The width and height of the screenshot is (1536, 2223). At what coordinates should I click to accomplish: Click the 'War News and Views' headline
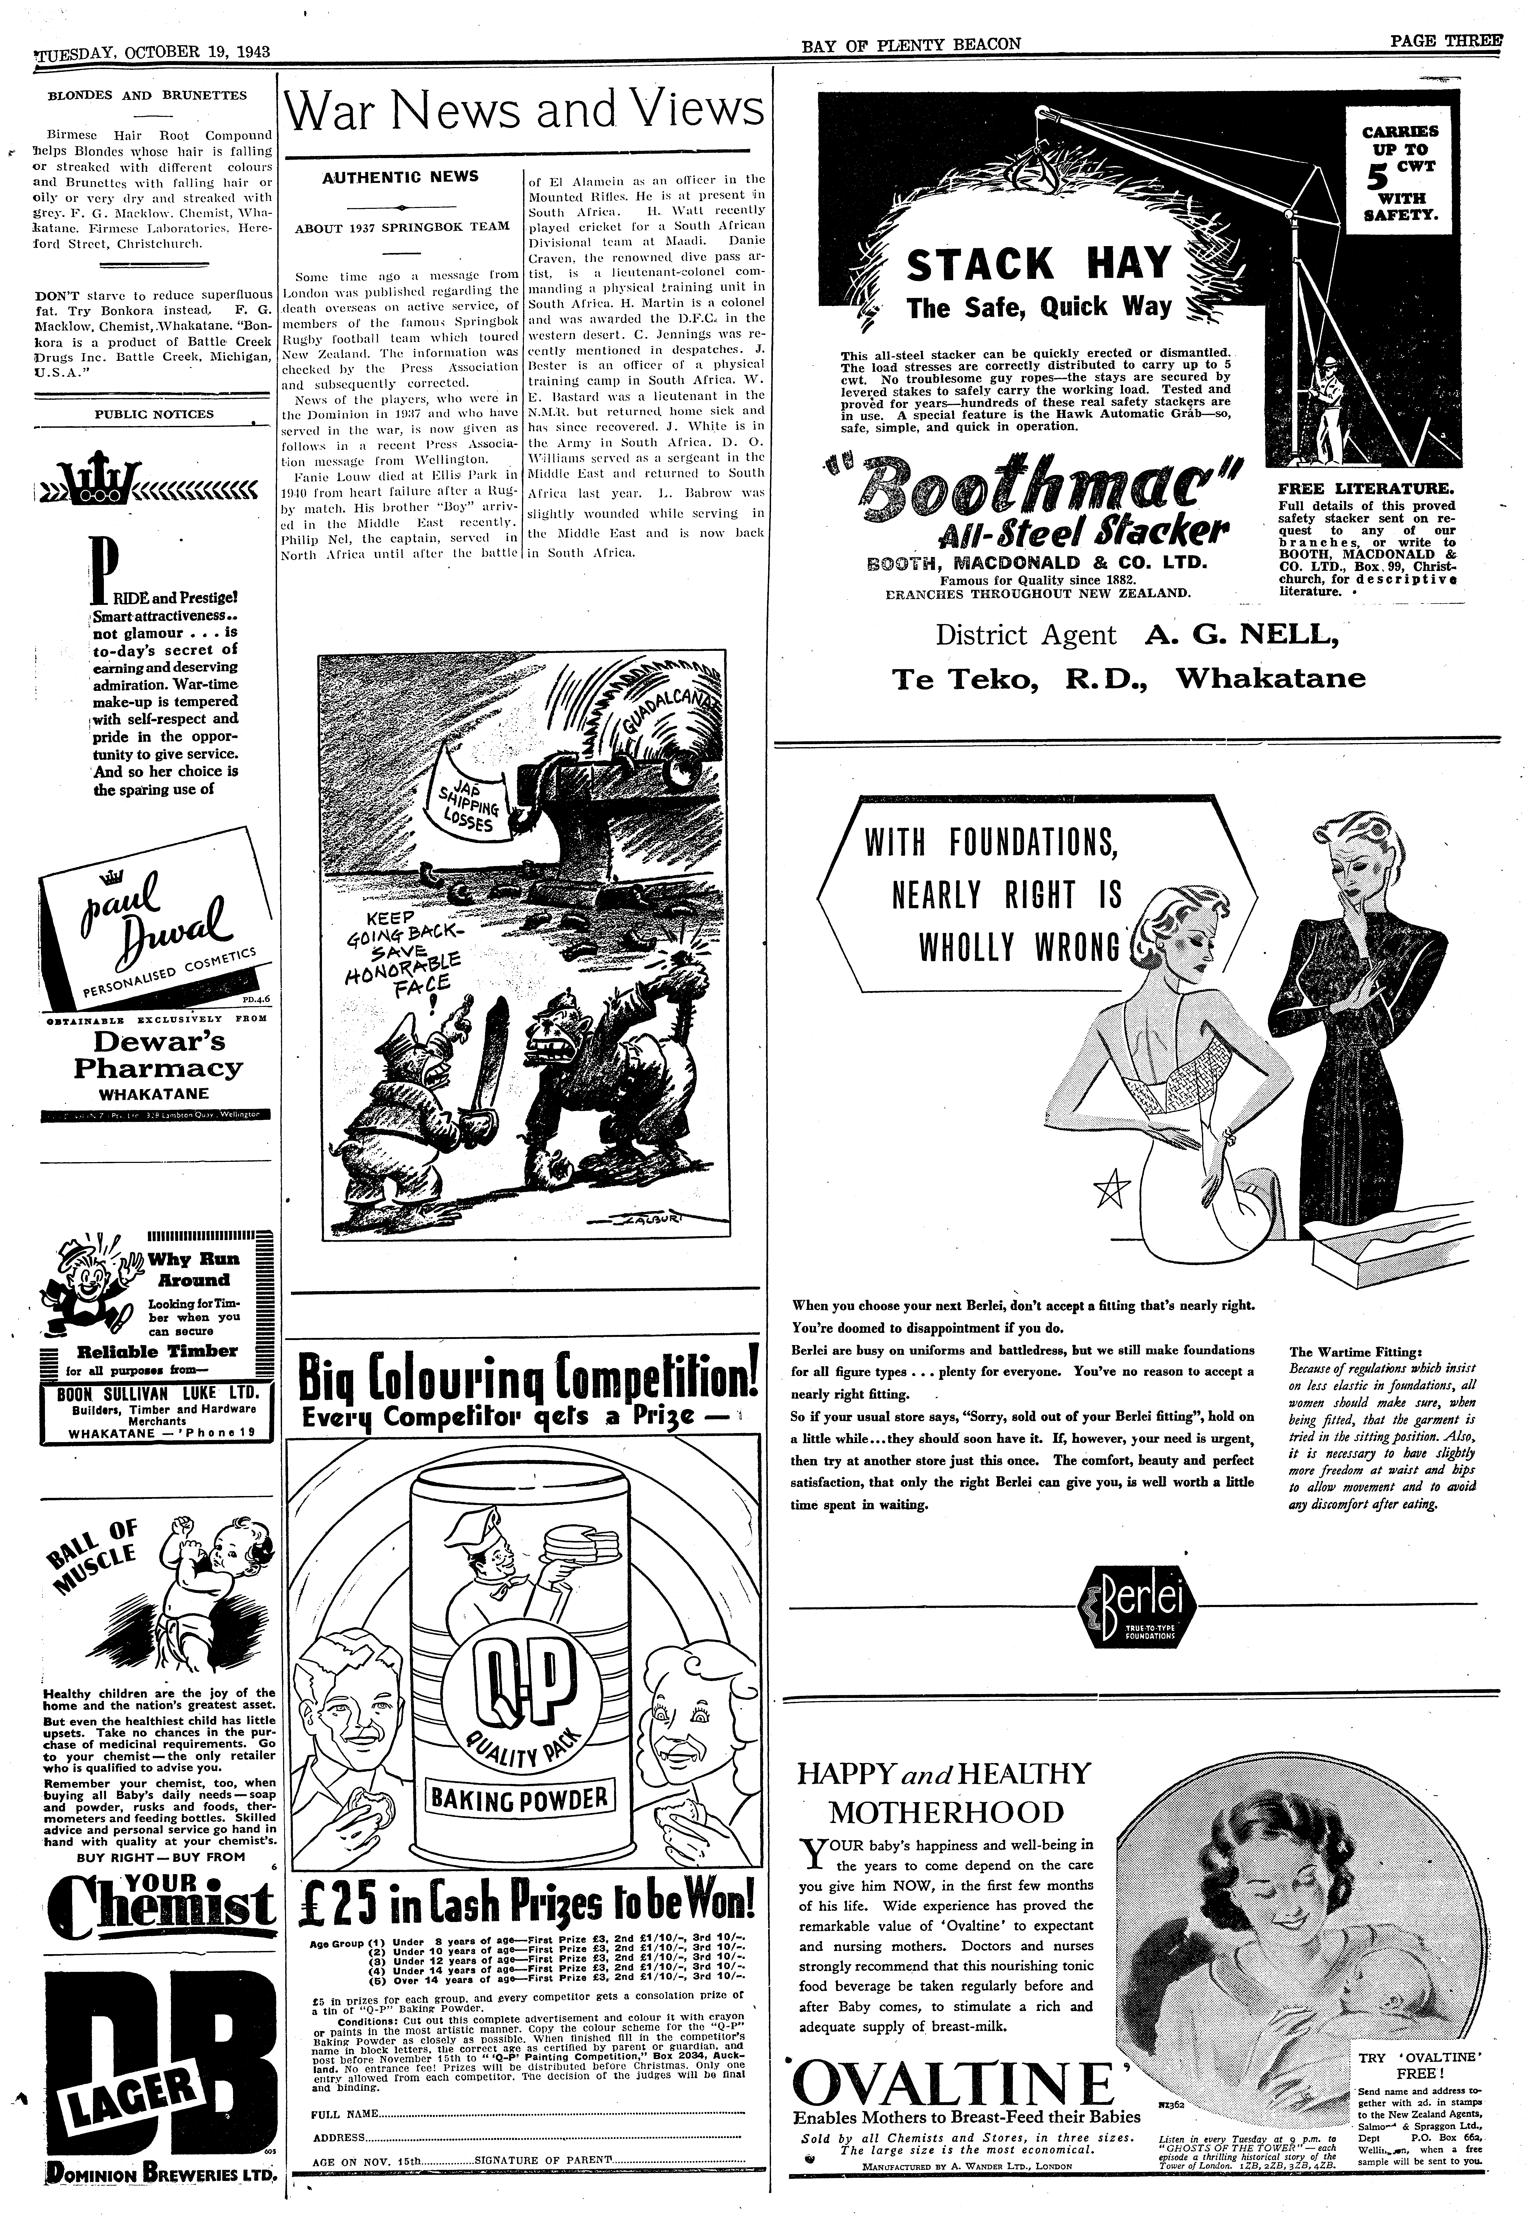coord(525,112)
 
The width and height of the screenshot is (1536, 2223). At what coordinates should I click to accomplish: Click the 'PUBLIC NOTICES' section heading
coord(154,415)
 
